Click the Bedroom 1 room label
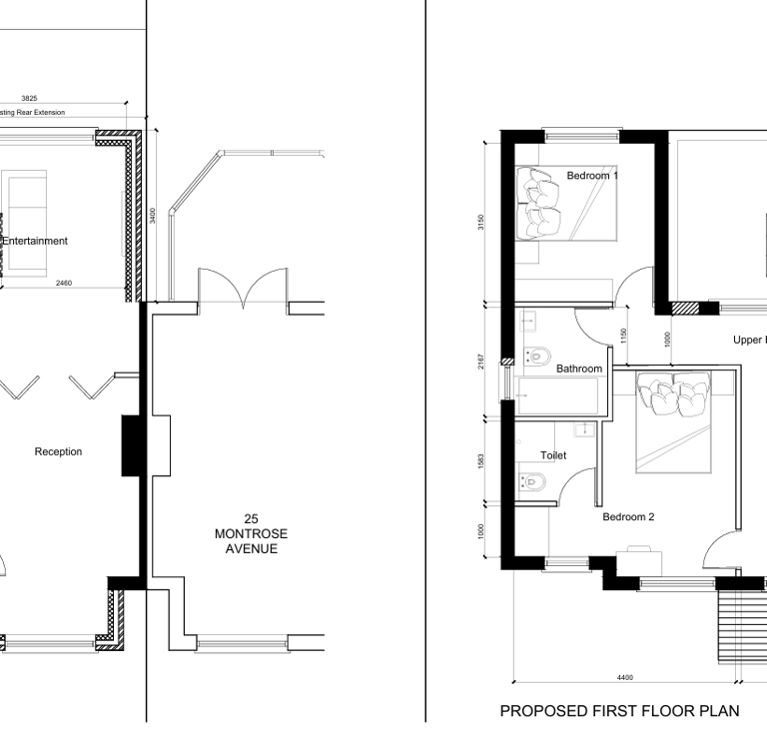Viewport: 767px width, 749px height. tap(592, 176)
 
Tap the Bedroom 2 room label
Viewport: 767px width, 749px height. tap(628, 517)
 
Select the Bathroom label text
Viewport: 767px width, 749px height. tap(579, 369)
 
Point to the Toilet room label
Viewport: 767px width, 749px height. tap(553, 455)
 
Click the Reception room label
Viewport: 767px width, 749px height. tap(58, 451)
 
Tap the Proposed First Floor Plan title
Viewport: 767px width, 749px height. tap(619, 712)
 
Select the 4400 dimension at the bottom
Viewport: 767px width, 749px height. tap(624, 677)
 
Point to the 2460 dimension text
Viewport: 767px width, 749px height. tap(63, 284)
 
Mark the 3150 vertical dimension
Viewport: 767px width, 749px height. tap(481, 222)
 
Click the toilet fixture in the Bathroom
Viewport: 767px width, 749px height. tap(540, 355)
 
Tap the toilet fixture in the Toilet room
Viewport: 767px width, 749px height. tap(530, 482)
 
